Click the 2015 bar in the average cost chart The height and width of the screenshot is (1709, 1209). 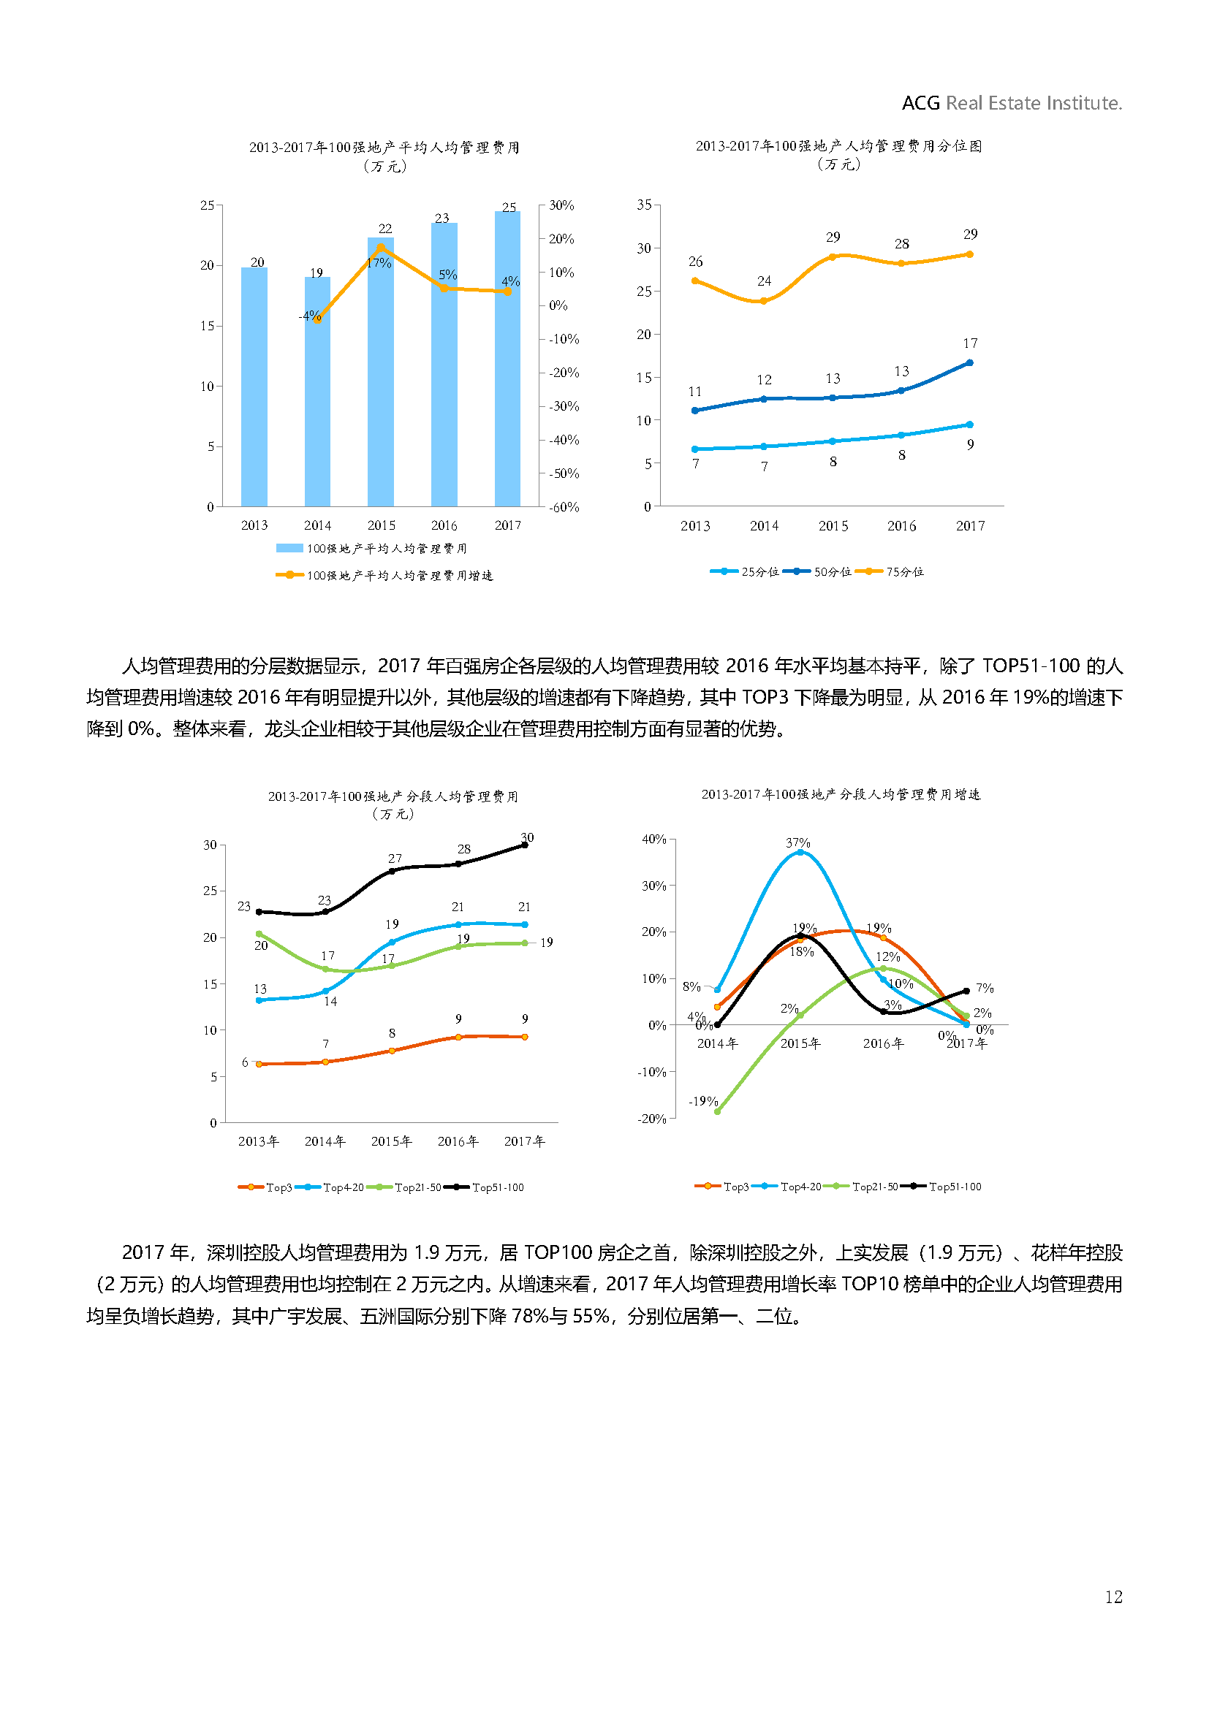[x=380, y=372]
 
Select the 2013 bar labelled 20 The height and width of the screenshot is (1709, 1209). [x=254, y=387]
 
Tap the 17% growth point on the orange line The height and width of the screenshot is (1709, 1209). [x=380, y=247]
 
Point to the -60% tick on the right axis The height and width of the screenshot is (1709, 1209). [x=564, y=507]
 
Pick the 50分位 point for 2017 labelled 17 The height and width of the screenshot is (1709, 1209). [x=969, y=363]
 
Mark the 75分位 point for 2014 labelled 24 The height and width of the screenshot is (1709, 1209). [x=763, y=301]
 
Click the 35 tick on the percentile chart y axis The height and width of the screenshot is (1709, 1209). [x=644, y=205]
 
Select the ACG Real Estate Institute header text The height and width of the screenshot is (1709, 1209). [x=1011, y=103]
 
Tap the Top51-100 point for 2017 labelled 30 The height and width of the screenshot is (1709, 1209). [x=525, y=845]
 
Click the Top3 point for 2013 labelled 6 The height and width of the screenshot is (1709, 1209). [x=259, y=1065]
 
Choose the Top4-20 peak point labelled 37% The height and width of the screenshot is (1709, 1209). [x=800, y=852]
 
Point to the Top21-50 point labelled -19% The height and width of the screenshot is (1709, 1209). [x=718, y=1111]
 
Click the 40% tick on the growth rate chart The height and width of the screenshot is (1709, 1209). [x=653, y=840]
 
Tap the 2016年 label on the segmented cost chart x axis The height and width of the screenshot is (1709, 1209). [x=458, y=1141]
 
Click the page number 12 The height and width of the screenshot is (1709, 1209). [x=1113, y=1596]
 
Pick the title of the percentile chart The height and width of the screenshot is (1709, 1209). [x=838, y=147]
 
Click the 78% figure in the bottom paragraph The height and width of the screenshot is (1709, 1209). [x=530, y=1316]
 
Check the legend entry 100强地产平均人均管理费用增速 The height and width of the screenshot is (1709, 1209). [x=385, y=575]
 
